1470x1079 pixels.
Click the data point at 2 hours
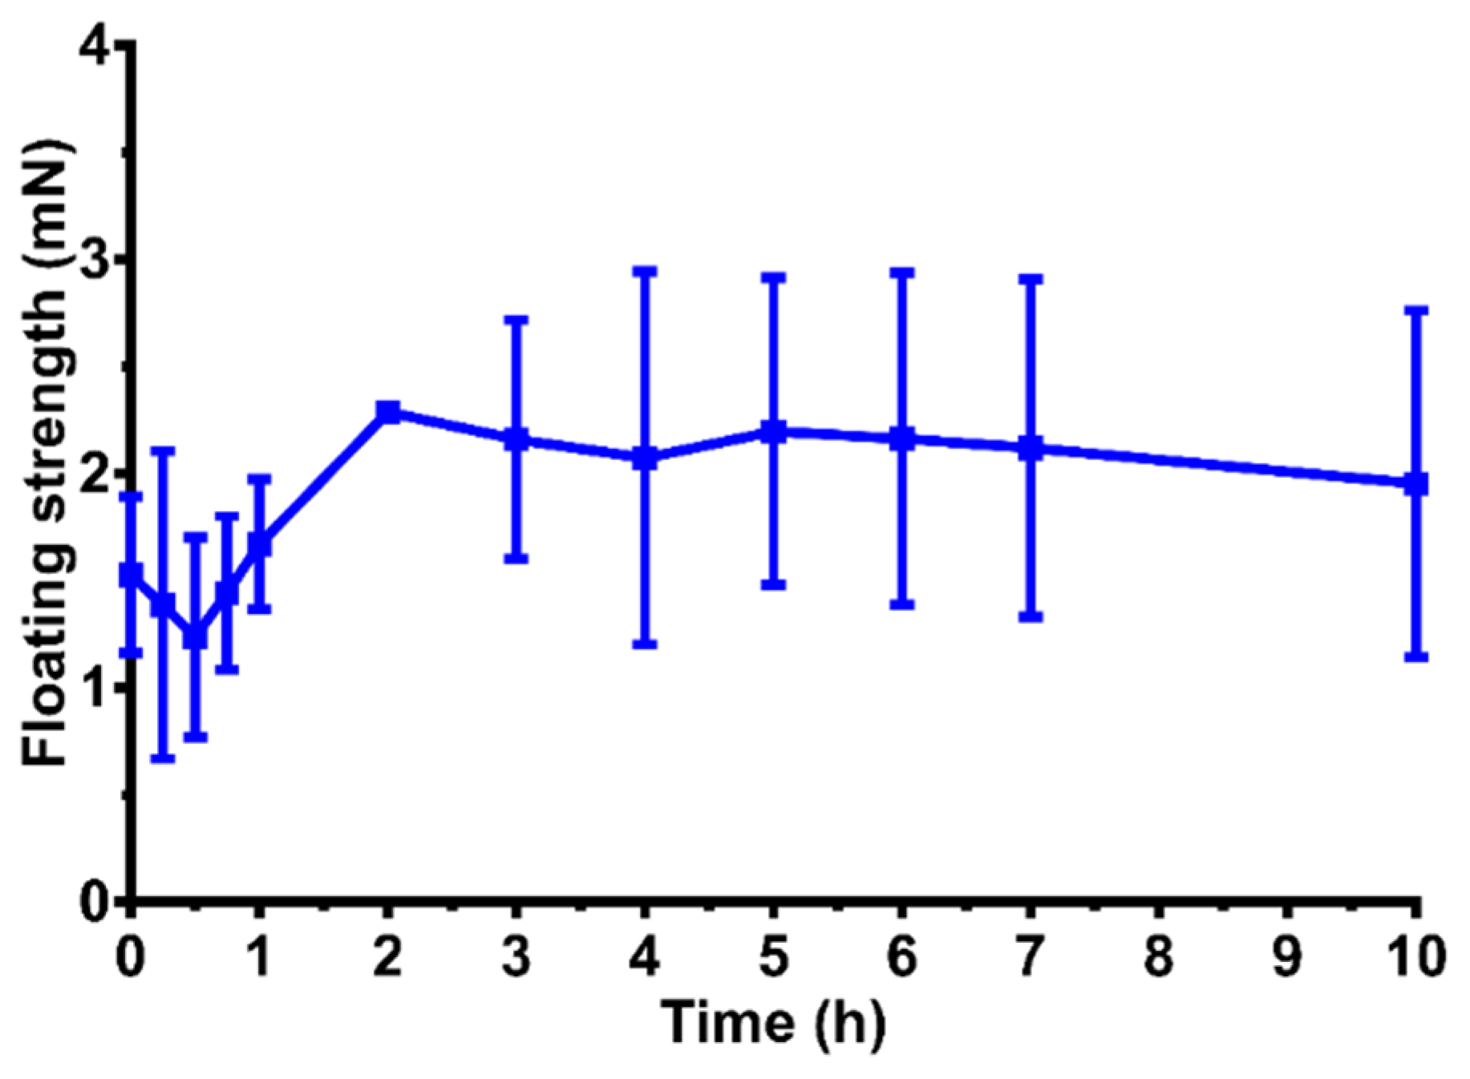tap(388, 412)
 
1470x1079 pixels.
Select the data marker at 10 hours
tap(1417, 483)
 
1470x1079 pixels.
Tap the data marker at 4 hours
tap(645, 459)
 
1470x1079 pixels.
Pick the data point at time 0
tap(132, 574)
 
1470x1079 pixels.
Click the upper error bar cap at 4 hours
tap(645, 272)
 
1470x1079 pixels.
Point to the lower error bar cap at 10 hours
tap(1417, 657)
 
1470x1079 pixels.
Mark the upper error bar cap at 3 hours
tap(516, 319)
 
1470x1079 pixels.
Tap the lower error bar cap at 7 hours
tap(1031, 616)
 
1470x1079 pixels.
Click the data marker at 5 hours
tap(774, 431)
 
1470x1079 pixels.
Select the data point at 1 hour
tap(260, 544)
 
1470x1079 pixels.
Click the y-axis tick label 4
tap(98, 48)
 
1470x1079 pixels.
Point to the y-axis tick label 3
tap(98, 261)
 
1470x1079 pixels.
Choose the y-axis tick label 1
tap(98, 688)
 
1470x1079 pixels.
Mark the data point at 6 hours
tap(902, 438)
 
